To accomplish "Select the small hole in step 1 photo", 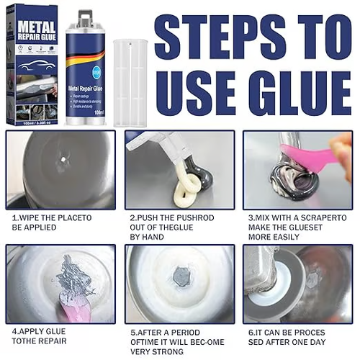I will (63, 160).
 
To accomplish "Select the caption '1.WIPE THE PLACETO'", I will (50, 216).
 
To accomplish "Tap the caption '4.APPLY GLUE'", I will (39, 332).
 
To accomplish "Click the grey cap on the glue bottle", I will (86, 18).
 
